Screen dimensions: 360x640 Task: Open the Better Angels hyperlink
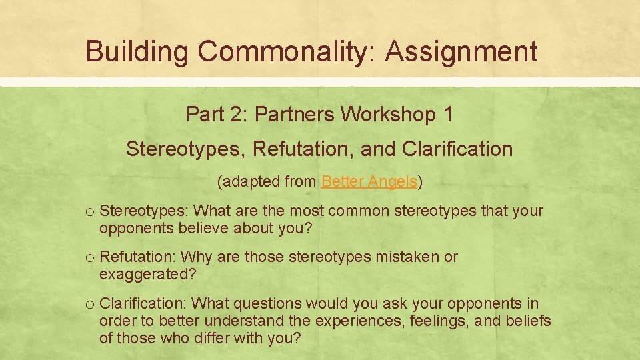point(369,181)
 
